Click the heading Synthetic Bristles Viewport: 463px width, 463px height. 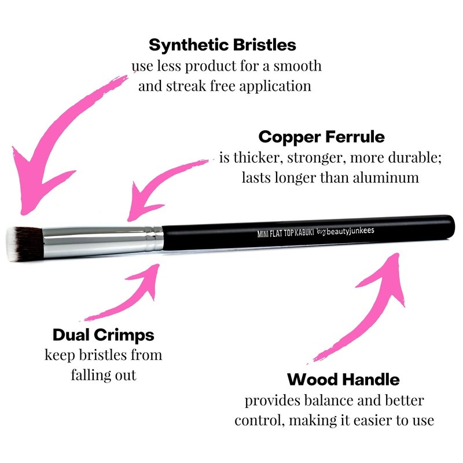tap(222, 46)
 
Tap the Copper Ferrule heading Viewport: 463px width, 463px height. tap(322, 137)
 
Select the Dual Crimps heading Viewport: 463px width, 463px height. tap(104, 335)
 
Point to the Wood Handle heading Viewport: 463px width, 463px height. tap(343, 380)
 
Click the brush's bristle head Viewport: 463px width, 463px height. tap(25, 244)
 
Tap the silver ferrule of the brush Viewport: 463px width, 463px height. tap(94, 242)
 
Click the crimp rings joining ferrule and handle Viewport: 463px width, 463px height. tap(154, 238)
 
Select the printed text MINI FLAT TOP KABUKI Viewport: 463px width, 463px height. tap(285, 233)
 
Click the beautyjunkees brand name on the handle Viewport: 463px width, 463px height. tap(350, 231)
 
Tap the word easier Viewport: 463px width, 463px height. tap(375, 421)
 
